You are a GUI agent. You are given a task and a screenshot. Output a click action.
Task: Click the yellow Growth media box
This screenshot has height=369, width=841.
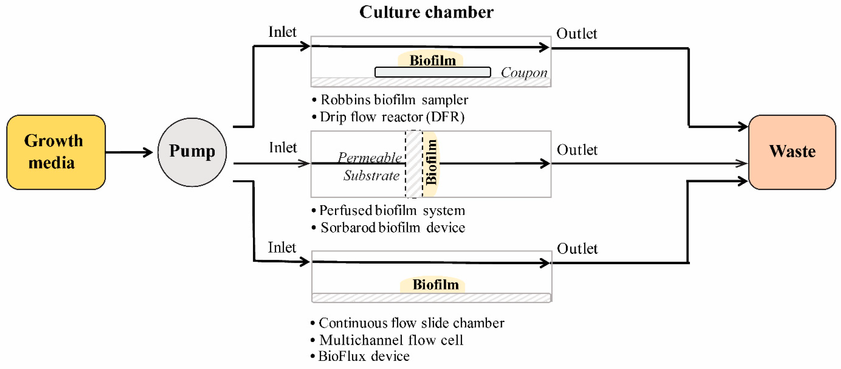click(56, 152)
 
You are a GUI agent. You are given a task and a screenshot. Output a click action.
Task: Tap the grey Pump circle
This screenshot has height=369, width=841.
click(192, 152)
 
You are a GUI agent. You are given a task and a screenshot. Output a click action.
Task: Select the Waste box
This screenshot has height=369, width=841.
click(792, 152)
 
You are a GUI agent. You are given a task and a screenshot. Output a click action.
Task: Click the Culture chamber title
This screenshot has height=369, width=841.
click(426, 12)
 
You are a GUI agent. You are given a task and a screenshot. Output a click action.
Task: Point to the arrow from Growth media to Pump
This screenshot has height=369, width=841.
click(129, 152)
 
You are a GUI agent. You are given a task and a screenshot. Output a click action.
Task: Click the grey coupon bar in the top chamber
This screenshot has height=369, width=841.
click(433, 72)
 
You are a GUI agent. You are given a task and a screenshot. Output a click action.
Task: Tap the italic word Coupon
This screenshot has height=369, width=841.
click(524, 72)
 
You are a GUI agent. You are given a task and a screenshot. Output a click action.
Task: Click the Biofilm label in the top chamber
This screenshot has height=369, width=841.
click(432, 61)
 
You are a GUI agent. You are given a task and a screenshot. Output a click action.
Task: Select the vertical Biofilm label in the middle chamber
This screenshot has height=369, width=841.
click(431, 162)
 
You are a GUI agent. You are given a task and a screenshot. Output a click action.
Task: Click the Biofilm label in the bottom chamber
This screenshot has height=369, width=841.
click(435, 285)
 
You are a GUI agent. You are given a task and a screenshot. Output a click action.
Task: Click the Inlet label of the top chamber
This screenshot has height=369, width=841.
click(282, 32)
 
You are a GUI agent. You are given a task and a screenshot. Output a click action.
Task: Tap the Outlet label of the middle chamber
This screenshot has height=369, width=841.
click(577, 150)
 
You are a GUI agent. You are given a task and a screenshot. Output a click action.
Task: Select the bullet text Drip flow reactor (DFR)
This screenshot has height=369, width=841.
click(392, 117)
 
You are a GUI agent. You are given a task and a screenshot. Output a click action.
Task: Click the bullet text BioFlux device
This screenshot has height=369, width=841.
click(363, 356)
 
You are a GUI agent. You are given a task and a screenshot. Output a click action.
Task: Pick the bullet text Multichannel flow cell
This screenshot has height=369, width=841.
click(391, 340)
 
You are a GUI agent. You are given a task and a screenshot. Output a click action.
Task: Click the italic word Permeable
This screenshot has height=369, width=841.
click(370, 158)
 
